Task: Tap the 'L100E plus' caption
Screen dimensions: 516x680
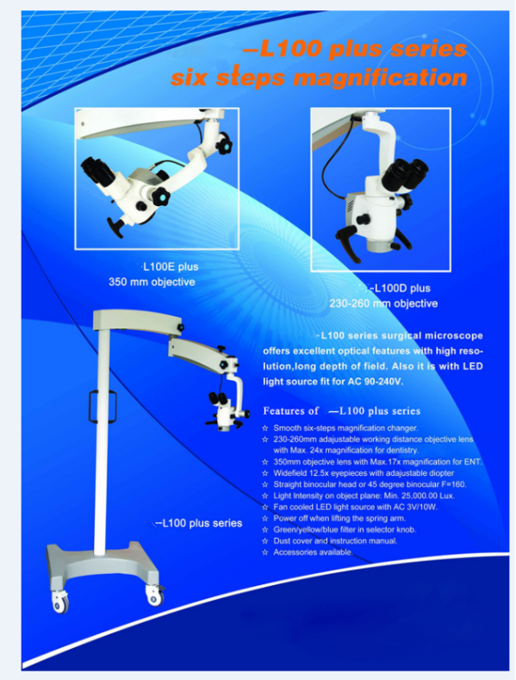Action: pos(171,266)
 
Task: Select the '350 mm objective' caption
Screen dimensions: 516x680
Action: pos(152,282)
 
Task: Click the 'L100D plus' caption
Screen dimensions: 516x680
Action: pos(402,288)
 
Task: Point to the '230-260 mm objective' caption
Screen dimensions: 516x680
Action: pos(383,303)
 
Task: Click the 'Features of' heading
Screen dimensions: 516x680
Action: pos(290,411)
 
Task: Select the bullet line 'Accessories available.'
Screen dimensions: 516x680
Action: pos(313,552)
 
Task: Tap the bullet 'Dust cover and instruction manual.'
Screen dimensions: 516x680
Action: pos(335,540)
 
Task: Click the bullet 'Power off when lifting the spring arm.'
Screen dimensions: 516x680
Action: pos(339,518)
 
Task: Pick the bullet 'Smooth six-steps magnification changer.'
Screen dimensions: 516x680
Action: pos(345,428)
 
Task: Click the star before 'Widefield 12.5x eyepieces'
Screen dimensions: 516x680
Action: pos(265,473)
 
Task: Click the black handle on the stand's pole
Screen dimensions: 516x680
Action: pos(103,406)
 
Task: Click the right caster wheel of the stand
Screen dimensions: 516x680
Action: pos(154,596)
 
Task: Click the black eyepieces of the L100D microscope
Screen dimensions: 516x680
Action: pos(405,174)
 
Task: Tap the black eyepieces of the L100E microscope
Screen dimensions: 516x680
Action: pos(98,172)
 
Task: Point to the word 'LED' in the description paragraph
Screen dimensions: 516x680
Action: pos(472,366)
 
